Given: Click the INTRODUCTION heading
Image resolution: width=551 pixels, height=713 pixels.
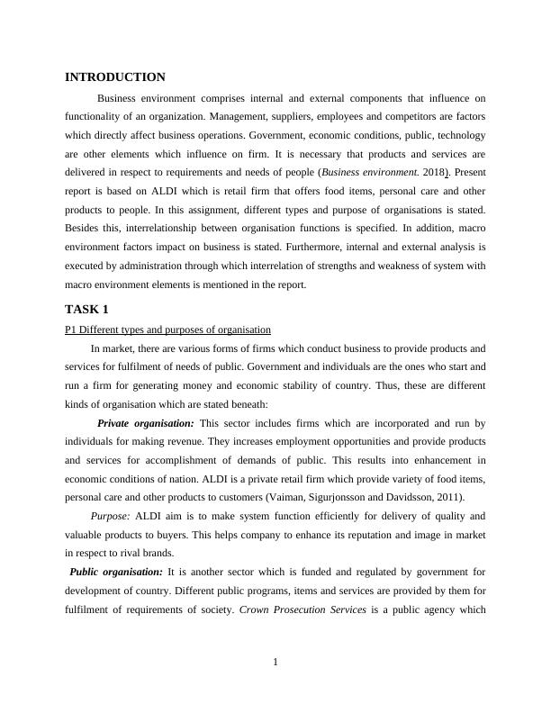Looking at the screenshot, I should pos(115,77).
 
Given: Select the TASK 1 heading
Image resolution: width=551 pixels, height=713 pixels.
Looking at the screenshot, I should pos(86,309).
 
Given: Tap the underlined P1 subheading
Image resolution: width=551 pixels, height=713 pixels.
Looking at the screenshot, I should pos(167,329).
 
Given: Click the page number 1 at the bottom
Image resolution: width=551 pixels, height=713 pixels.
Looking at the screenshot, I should pos(275,663).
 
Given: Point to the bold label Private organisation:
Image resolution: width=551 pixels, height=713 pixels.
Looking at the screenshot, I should pos(145,422).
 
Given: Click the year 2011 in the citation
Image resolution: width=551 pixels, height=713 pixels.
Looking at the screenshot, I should pos(446,497).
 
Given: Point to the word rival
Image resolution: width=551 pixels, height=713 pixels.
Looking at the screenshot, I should pos(136,553).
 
